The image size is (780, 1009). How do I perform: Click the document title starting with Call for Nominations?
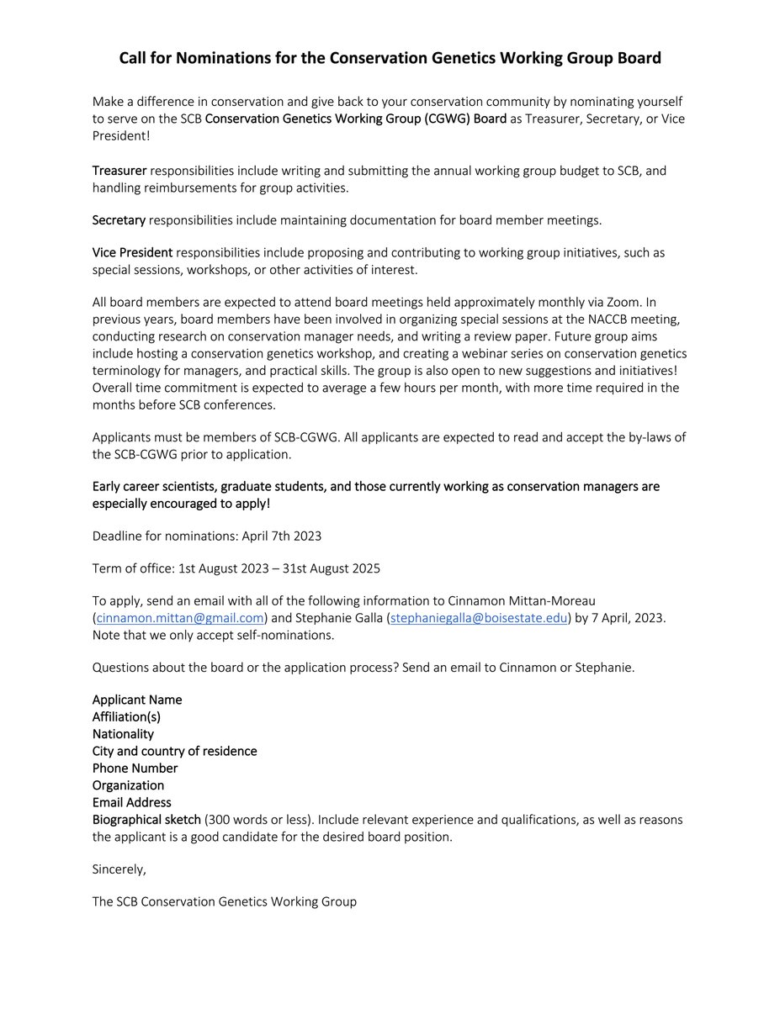point(390,58)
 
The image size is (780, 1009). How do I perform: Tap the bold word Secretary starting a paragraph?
point(119,220)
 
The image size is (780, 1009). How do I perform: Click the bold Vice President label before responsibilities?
point(132,252)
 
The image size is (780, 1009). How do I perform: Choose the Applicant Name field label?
point(137,700)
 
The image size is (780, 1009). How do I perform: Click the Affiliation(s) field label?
point(126,716)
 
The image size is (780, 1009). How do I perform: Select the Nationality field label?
point(123,734)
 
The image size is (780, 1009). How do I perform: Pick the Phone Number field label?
point(135,768)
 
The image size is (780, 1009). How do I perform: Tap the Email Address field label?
point(131,802)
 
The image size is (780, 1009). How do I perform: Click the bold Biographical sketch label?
point(146,819)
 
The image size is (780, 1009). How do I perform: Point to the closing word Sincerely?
point(119,869)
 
